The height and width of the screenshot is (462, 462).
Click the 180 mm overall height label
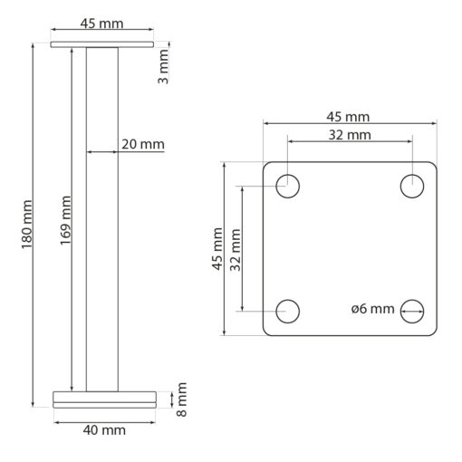(26, 224)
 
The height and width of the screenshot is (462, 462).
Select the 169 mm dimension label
(65, 220)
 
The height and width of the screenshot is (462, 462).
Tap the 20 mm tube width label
(143, 144)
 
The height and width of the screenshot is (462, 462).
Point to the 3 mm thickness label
(163, 67)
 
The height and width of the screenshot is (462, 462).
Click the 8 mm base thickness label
(181, 399)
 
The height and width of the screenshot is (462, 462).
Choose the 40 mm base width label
(104, 430)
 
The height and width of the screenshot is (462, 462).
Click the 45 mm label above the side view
(101, 24)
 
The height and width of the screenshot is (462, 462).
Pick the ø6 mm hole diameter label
(373, 309)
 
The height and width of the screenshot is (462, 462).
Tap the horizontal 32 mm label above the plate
(350, 135)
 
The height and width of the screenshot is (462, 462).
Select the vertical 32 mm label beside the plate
(236, 250)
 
